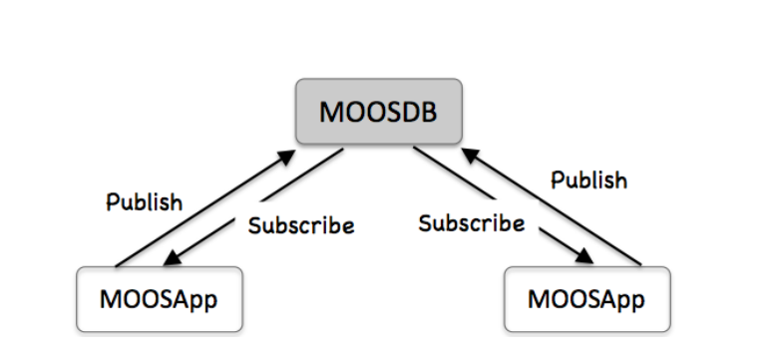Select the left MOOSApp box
pos(160,298)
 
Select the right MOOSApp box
pos(584,298)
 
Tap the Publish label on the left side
pos(145,201)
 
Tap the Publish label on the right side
pos(589,180)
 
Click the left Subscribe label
pos(300,225)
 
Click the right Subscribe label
pos(472,222)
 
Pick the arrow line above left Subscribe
pos(259,204)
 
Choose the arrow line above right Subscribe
pos(499,204)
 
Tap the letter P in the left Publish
pos(113,201)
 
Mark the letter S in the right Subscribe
pos(424,222)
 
